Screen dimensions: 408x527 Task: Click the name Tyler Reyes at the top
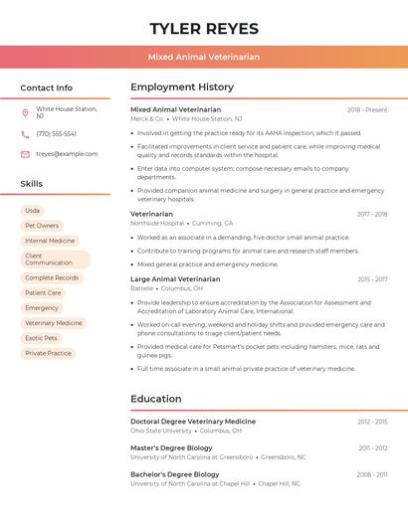click(204, 28)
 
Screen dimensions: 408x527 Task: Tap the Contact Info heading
click(46, 88)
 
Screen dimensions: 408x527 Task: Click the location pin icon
click(25, 112)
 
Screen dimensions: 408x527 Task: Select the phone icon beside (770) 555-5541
click(25, 133)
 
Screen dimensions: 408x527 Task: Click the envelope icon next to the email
click(25, 154)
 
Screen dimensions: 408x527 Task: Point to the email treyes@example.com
click(67, 154)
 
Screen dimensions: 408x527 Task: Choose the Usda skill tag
click(33, 211)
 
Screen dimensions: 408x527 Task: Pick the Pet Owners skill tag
click(42, 226)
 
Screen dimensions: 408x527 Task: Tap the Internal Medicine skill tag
click(50, 241)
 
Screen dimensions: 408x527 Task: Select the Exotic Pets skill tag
click(42, 338)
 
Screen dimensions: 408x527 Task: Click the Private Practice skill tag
click(48, 353)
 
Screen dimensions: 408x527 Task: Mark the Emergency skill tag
click(42, 308)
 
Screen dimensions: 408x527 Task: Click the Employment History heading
click(182, 88)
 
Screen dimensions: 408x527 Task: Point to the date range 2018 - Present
click(367, 110)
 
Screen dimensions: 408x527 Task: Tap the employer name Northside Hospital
click(157, 224)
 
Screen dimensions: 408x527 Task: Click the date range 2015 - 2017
click(372, 279)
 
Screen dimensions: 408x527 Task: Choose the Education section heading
click(155, 399)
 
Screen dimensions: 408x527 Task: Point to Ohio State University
click(161, 431)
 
